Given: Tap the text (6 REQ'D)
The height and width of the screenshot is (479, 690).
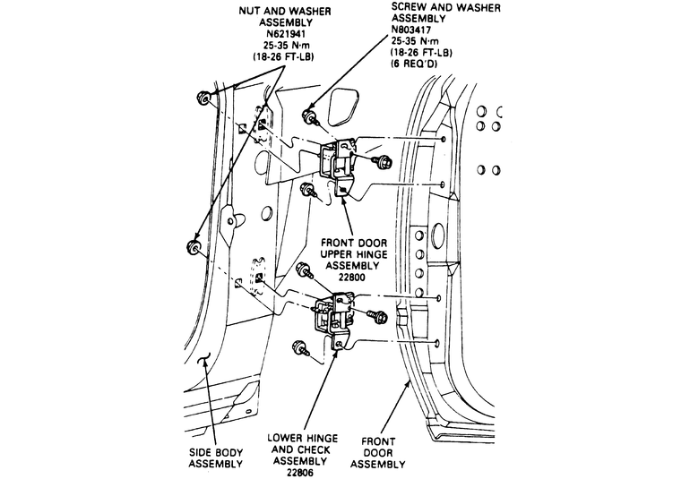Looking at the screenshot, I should [416, 64].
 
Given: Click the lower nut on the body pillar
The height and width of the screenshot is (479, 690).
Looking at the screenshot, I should [193, 246].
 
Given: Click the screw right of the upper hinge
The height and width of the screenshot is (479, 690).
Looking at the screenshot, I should [386, 161].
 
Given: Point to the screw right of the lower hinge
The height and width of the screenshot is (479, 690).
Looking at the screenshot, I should [376, 315].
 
